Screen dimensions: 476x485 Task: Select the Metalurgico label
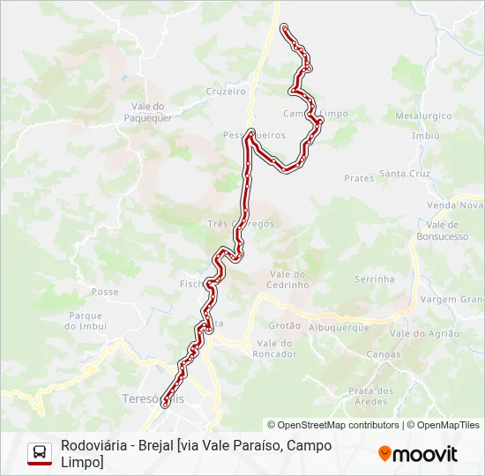coord(423,115)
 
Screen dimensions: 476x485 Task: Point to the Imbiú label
coord(425,136)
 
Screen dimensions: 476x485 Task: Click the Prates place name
coord(359,178)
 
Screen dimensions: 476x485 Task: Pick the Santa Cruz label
coord(405,174)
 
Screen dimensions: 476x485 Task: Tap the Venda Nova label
coord(453,205)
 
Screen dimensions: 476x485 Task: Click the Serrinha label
coord(374,279)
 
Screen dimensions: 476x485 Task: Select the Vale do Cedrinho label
coord(288,279)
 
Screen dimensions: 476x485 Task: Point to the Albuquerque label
coord(339,327)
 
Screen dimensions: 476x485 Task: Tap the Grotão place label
coord(285,325)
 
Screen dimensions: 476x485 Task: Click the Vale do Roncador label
coord(274,348)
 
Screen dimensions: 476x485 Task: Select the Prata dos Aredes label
coord(370,396)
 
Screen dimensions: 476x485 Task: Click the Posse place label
coord(105,292)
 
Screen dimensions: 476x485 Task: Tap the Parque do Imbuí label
coord(85,321)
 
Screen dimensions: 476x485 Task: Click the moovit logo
coord(418,454)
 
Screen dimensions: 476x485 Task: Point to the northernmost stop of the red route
coord(284,28)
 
